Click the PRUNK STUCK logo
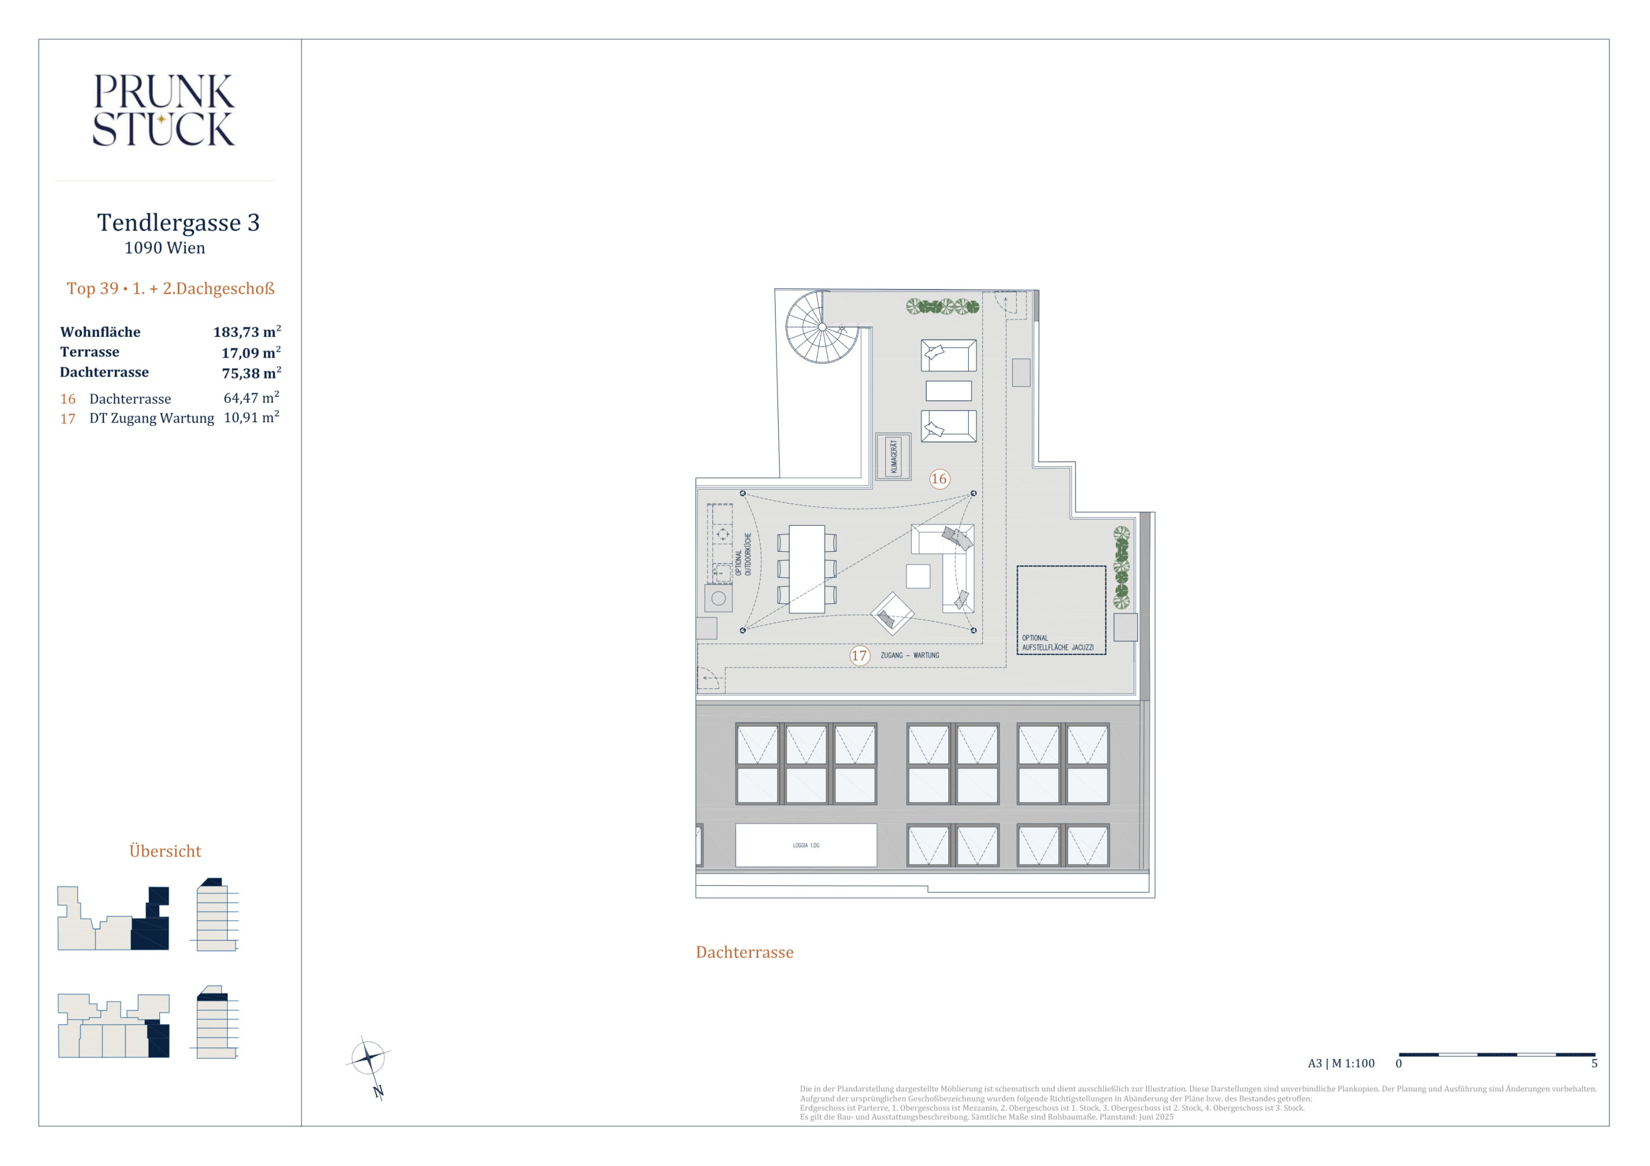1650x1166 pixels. pos(164,110)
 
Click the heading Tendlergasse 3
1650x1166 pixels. pos(178,223)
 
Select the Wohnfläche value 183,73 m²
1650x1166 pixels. pos(246,331)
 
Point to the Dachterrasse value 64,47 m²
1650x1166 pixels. pos(251,397)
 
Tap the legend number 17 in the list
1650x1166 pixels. pos(68,419)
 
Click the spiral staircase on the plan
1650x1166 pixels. pos(822,327)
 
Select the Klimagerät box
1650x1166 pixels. pos(893,456)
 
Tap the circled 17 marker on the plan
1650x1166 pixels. pos(859,655)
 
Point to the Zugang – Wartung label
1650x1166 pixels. pos(910,655)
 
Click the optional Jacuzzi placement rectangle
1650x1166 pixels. pos(1061,610)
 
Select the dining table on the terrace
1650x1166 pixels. pos(806,569)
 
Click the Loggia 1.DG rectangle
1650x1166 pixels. pos(806,845)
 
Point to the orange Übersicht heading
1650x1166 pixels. pos(165,851)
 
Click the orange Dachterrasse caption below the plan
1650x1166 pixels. pos(744,953)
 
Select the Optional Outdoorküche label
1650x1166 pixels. pos(743,554)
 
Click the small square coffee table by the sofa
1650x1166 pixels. pos(918,576)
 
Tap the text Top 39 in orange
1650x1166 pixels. pos(93,289)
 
